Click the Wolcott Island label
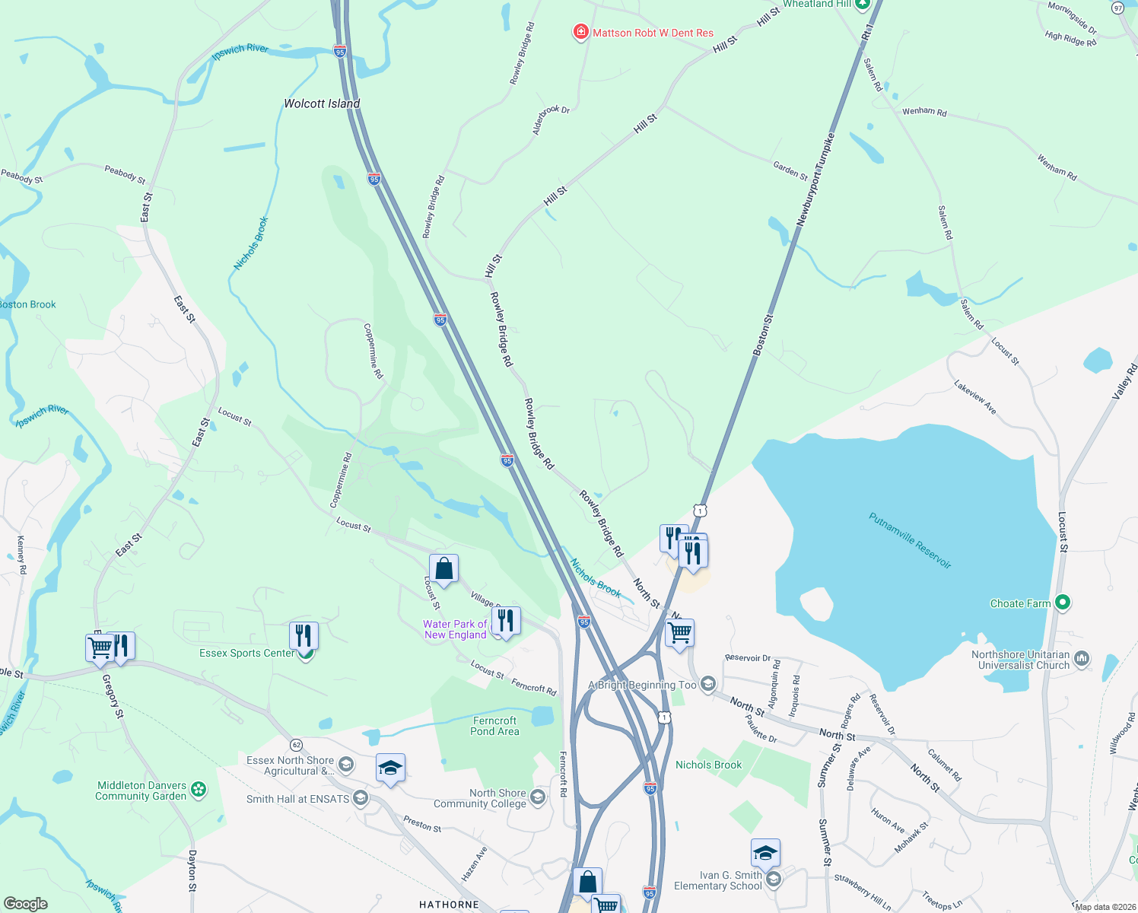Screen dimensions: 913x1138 [322, 103]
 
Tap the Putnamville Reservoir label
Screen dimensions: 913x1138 [910, 540]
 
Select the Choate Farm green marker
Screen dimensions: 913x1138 [1063, 603]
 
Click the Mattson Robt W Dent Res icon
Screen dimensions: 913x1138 [580, 32]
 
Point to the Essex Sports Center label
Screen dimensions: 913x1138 [246, 654]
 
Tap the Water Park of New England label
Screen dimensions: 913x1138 [455, 629]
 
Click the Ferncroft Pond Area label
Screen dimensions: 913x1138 [494, 726]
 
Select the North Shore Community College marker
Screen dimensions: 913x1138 [538, 797]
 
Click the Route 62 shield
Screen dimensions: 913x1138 [296, 744]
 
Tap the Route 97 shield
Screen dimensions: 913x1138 [1117, 8]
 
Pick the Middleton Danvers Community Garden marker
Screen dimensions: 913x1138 [199, 790]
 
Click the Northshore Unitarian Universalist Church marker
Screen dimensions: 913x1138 [1082, 659]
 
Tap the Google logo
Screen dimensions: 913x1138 [25, 904]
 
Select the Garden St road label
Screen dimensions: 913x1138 [790, 170]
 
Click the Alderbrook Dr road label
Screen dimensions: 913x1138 [551, 120]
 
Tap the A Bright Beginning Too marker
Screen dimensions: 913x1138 [708, 684]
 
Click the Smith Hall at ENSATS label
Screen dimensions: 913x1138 [297, 799]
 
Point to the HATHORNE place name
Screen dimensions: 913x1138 [449, 905]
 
